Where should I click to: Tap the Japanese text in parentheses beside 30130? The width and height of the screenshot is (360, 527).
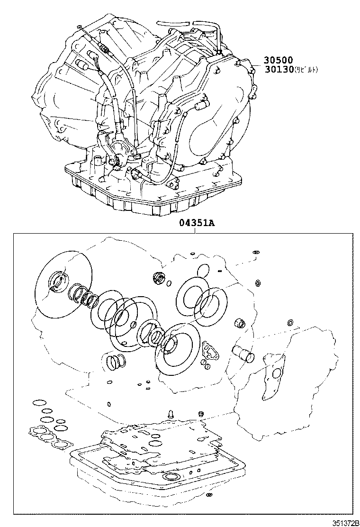(x=306, y=70)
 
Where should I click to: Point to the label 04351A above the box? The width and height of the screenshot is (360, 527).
(x=197, y=224)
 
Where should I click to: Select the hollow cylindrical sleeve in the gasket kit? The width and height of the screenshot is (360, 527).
(x=242, y=354)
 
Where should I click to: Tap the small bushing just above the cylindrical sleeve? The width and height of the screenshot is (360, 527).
(x=240, y=324)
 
